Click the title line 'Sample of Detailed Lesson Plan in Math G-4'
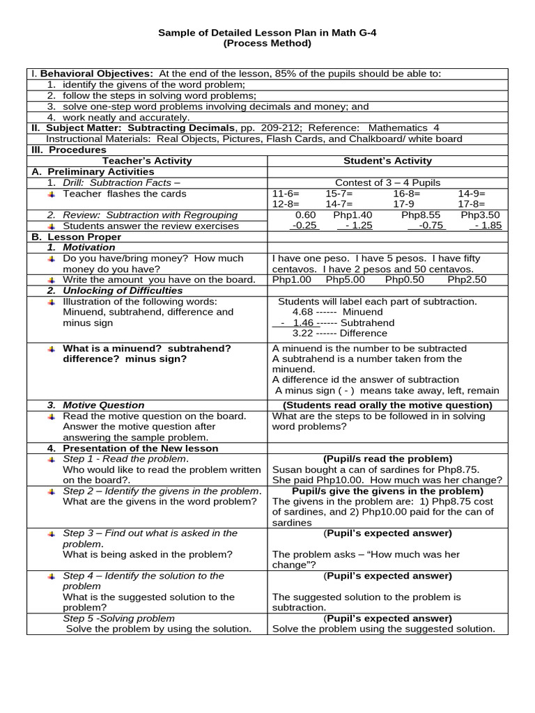tap(267, 32)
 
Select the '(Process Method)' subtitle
tap(267, 43)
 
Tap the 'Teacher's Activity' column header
tap(146, 161)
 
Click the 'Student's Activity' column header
tap(388, 161)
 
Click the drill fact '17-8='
tap(472, 205)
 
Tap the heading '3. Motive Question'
tap(96, 405)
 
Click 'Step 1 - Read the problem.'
tap(125, 459)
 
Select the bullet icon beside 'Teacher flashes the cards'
tap(52, 194)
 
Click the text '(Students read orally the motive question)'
tap(387, 405)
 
